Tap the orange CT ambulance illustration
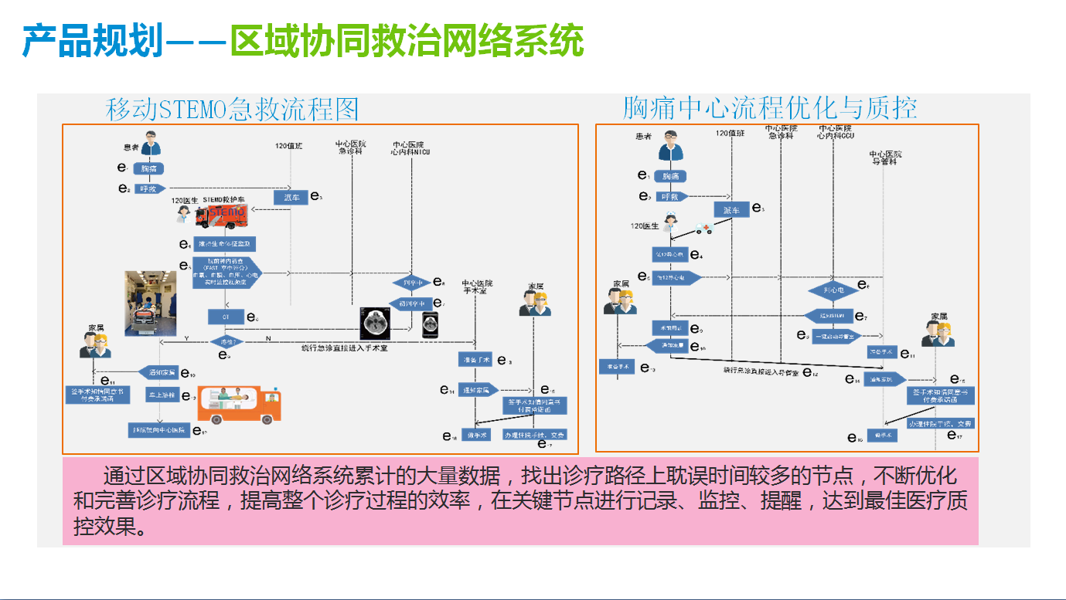tap(239, 404)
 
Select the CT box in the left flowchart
tap(226, 317)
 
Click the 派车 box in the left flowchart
tap(290, 197)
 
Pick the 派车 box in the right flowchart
tap(731, 210)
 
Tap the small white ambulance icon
tap(703, 229)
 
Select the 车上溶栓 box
tap(162, 395)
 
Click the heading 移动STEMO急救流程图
tap(232, 110)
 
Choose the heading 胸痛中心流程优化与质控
tap(770, 108)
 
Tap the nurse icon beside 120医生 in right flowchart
tap(670, 223)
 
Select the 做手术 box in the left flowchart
tap(475, 435)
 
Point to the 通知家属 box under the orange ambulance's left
tap(158, 372)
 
